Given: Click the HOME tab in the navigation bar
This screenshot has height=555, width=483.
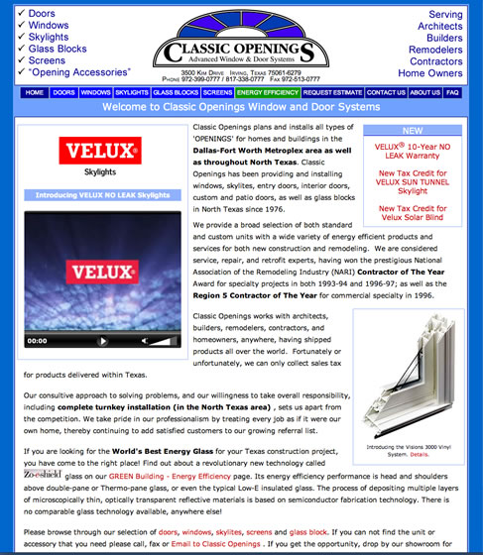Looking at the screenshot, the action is pyautogui.click(x=35, y=92).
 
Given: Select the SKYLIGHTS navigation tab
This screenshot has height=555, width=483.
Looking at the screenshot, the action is pyautogui.click(x=132, y=92).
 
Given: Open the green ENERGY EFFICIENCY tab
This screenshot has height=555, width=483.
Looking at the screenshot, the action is pyautogui.click(x=268, y=92).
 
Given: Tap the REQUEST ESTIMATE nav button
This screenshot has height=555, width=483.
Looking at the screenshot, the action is pyautogui.click(x=332, y=92).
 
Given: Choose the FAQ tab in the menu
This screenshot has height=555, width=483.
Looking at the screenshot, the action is pyautogui.click(x=452, y=92).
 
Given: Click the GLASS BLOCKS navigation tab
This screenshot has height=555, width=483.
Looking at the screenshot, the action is pyautogui.click(x=176, y=92).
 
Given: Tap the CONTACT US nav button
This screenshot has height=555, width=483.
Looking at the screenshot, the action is pyautogui.click(x=386, y=92).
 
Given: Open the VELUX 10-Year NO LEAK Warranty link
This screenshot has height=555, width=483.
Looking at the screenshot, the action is pyautogui.click(x=412, y=151).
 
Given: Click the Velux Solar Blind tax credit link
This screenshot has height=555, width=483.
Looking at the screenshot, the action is pyautogui.click(x=412, y=213).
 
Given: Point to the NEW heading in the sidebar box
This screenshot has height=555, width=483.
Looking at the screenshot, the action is pyautogui.click(x=412, y=130).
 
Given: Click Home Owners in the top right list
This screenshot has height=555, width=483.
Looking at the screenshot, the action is pyautogui.click(x=430, y=73).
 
